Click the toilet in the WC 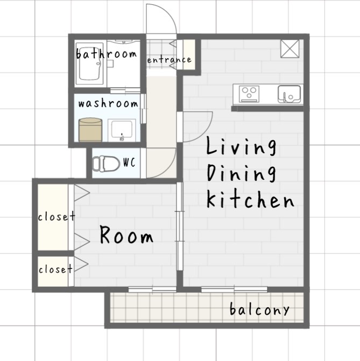[x=106, y=164]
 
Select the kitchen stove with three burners [x=249, y=94]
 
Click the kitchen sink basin [x=290, y=94]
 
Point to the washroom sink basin [x=122, y=130]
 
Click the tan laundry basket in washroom [x=90, y=130]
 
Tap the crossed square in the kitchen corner [x=290, y=48]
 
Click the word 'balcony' [x=259, y=309]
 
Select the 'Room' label [x=126, y=235]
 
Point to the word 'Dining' [x=242, y=174]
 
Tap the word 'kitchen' [x=250, y=200]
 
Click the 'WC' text [x=129, y=162]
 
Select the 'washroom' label [x=108, y=104]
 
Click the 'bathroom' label [x=107, y=54]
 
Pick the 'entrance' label [x=170, y=60]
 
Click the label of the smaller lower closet [x=55, y=269]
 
